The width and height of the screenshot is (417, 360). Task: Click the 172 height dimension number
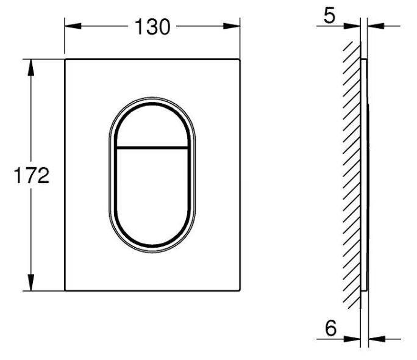tap(31, 176)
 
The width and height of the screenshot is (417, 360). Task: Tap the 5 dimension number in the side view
tap(329, 15)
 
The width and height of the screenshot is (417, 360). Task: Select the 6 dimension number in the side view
tap(330, 328)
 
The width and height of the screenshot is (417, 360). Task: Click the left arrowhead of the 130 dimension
tap(71, 26)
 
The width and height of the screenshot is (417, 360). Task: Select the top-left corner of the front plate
tap(65, 60)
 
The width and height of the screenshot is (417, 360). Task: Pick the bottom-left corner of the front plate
tap(65, 290)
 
